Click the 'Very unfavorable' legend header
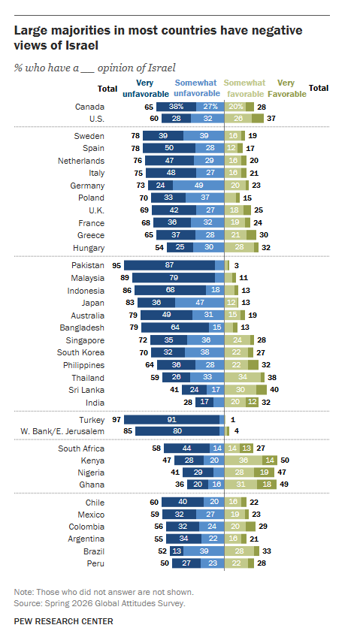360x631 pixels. point(145,88)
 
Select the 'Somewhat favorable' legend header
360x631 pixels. point(244,88)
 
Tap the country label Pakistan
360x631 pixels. point(87,266)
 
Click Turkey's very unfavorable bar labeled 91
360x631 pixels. point(171,420)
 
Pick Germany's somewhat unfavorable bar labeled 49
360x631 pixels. point(198,186)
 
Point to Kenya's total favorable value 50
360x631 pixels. point(285,460)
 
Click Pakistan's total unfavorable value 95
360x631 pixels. point(116,266)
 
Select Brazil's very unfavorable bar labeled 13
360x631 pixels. point(177,551)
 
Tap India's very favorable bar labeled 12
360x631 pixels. point(252,403)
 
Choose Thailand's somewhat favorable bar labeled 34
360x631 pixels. point(243,377)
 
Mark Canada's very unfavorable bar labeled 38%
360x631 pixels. point(176,107)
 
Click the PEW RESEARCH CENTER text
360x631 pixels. point(64,621)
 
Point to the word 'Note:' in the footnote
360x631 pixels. point(24,592)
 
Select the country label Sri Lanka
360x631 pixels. point(86,390)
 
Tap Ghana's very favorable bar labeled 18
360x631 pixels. point(267,484)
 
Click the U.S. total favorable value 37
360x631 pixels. point(271,119)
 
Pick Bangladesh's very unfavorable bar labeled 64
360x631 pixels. point(175,328)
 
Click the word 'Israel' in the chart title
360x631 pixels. point(83,45)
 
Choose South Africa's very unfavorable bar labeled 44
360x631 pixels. point(186,448)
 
